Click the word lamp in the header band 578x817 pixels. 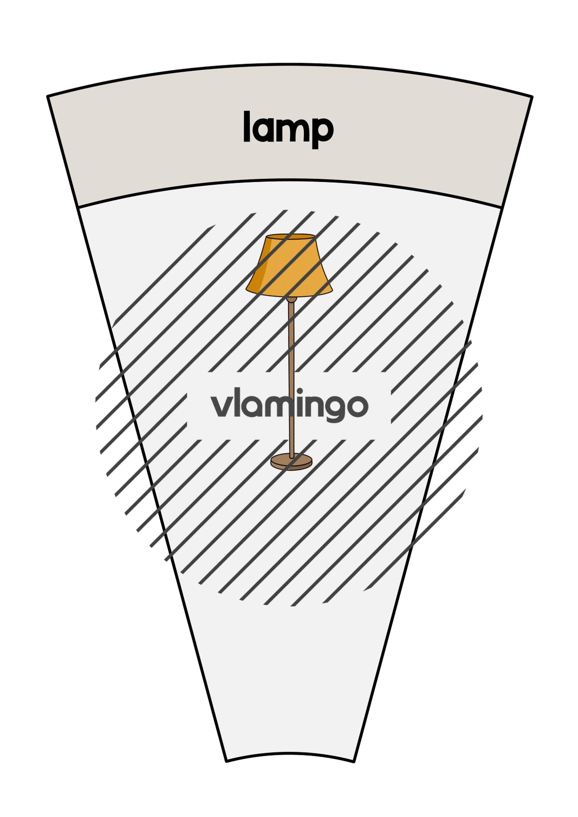pos(289,129)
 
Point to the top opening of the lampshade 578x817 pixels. pos(290,236)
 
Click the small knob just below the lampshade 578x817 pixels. pos(291,299)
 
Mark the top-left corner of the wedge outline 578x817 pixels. pos(48,96)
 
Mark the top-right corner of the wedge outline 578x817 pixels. pos(532,97)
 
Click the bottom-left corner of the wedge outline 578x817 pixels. pos(226,761)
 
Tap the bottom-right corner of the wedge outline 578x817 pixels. pos(354,761)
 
